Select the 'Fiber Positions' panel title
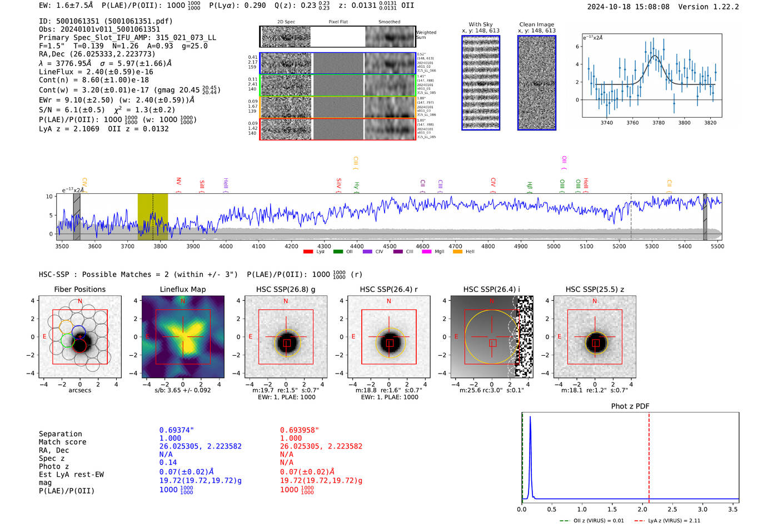click(x=79, y=289)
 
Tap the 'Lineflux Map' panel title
click(x=183, y=289)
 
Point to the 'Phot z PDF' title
click(x=630, y=406)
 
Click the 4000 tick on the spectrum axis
click(x=226, y=246)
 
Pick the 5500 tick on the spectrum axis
click(x=717, y=246)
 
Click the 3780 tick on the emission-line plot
click(x=659, y=123)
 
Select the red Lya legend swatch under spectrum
click(x=308, y=251)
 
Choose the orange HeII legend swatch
click(x=457, y=251)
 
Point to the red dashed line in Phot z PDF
click(x=649, y=455)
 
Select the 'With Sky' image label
click(x=480, y=24)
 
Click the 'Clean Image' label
click(x=536, y=24)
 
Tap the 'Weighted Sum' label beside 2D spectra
click(x=426, y=34)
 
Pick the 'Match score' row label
click(x=62, y=442)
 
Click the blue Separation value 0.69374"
click(x=176, y=430)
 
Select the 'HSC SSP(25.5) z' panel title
click(x=595, y=289)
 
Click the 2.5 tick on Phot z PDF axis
click(x=672, y=509)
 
